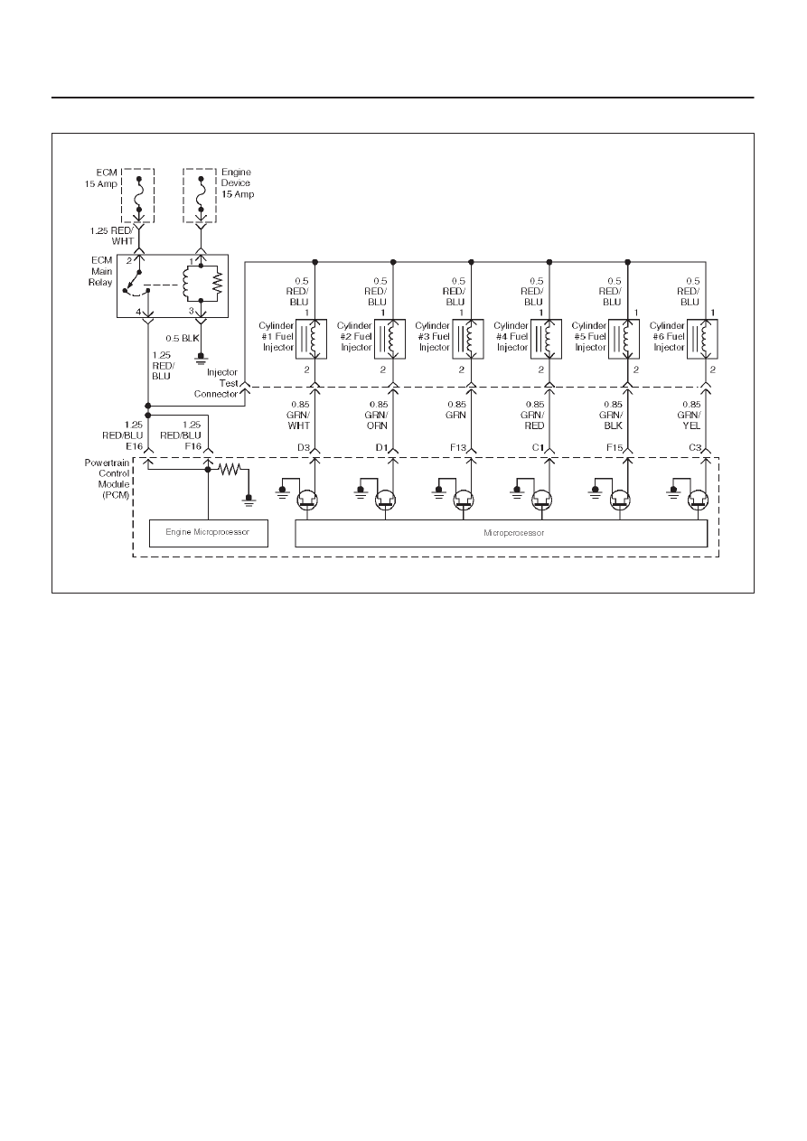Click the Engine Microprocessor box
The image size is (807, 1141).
[x=209, y=533]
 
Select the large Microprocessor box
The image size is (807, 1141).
[x=502, y=533]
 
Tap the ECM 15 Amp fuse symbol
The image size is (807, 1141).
[x=138, y=195]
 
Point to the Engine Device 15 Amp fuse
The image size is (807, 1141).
[x=201, y=195]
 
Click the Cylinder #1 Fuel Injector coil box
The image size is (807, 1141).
[x=311, y=340]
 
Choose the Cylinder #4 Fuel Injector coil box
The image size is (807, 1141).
[x=546, y=340]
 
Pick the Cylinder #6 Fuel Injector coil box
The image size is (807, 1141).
[x=702, y=340]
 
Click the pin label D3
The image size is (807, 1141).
[x=304, y=447]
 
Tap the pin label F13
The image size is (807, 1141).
[x=458, y=447]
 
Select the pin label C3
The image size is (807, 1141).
[x=695, y=447]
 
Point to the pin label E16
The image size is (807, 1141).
[x=135, y=446]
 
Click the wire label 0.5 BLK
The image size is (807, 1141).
[x=183, y=338]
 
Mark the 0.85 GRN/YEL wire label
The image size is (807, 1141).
[x=691, y=415]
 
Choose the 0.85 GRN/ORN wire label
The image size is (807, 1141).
[x=378, y=415]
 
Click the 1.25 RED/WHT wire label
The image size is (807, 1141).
[x=112, y=236]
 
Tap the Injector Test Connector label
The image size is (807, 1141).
[x=216, y=383]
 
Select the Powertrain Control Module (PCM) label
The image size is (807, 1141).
[x=107, y=479]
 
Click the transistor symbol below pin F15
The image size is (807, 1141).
[x=620, y=500]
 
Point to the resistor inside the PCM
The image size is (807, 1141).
[x=230, y=469]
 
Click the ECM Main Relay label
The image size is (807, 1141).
[x=101, y=271]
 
